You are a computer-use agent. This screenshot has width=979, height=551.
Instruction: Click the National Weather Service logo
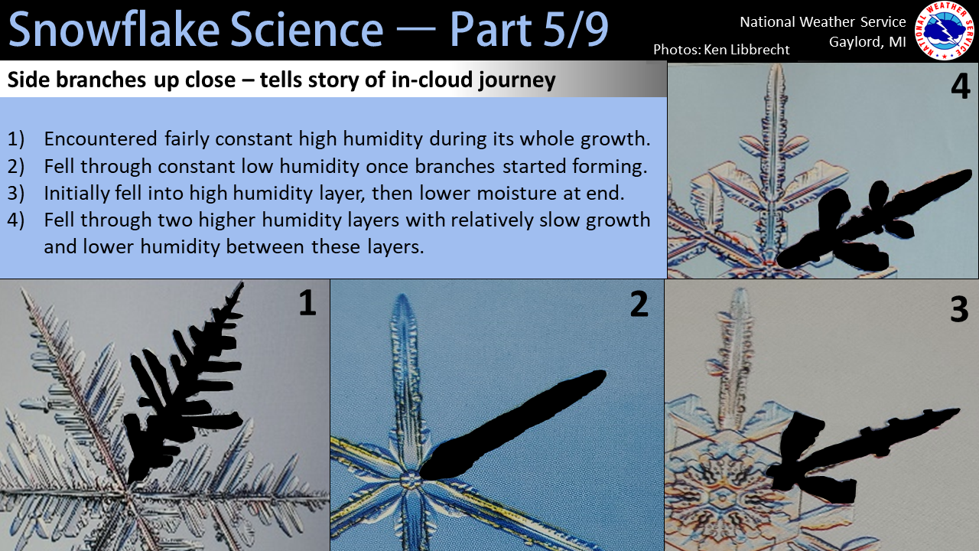[x=945, y=30]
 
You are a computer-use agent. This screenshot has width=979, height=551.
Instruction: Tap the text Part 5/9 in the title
[x=529, y=29]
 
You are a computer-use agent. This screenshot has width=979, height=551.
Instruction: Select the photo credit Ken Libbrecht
[x=746, y=50]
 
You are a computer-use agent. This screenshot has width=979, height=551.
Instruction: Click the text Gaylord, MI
[x=867, y=42]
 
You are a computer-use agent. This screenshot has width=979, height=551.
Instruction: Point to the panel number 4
[x=960, y=86]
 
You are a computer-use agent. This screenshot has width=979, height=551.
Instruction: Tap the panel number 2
[x=639, y=304]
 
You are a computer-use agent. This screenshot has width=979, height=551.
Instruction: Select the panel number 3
[x=959, y=309]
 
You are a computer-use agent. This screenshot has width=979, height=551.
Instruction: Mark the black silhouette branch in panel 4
[x=870, y=223]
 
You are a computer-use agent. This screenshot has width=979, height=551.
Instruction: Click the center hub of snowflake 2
[x=411, y=481]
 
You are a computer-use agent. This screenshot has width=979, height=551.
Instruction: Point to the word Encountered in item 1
[x=100, y=139]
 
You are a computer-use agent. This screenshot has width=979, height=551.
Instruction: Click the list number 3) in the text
[x=16, y=194]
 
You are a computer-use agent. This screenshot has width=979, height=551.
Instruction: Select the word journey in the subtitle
[x=516, y=80]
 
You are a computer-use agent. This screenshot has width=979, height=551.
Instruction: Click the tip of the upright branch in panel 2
[x=402, y=295]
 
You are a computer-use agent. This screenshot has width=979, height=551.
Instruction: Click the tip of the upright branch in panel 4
[x=776, y=65]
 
